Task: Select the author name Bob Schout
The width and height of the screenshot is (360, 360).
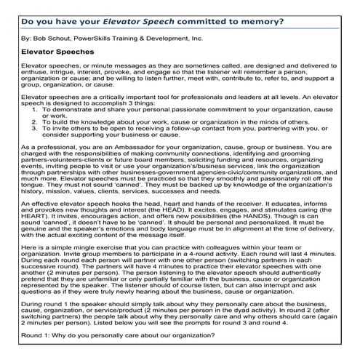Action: pos(51,36)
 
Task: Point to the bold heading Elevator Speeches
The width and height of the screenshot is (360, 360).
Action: pos(57,52)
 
